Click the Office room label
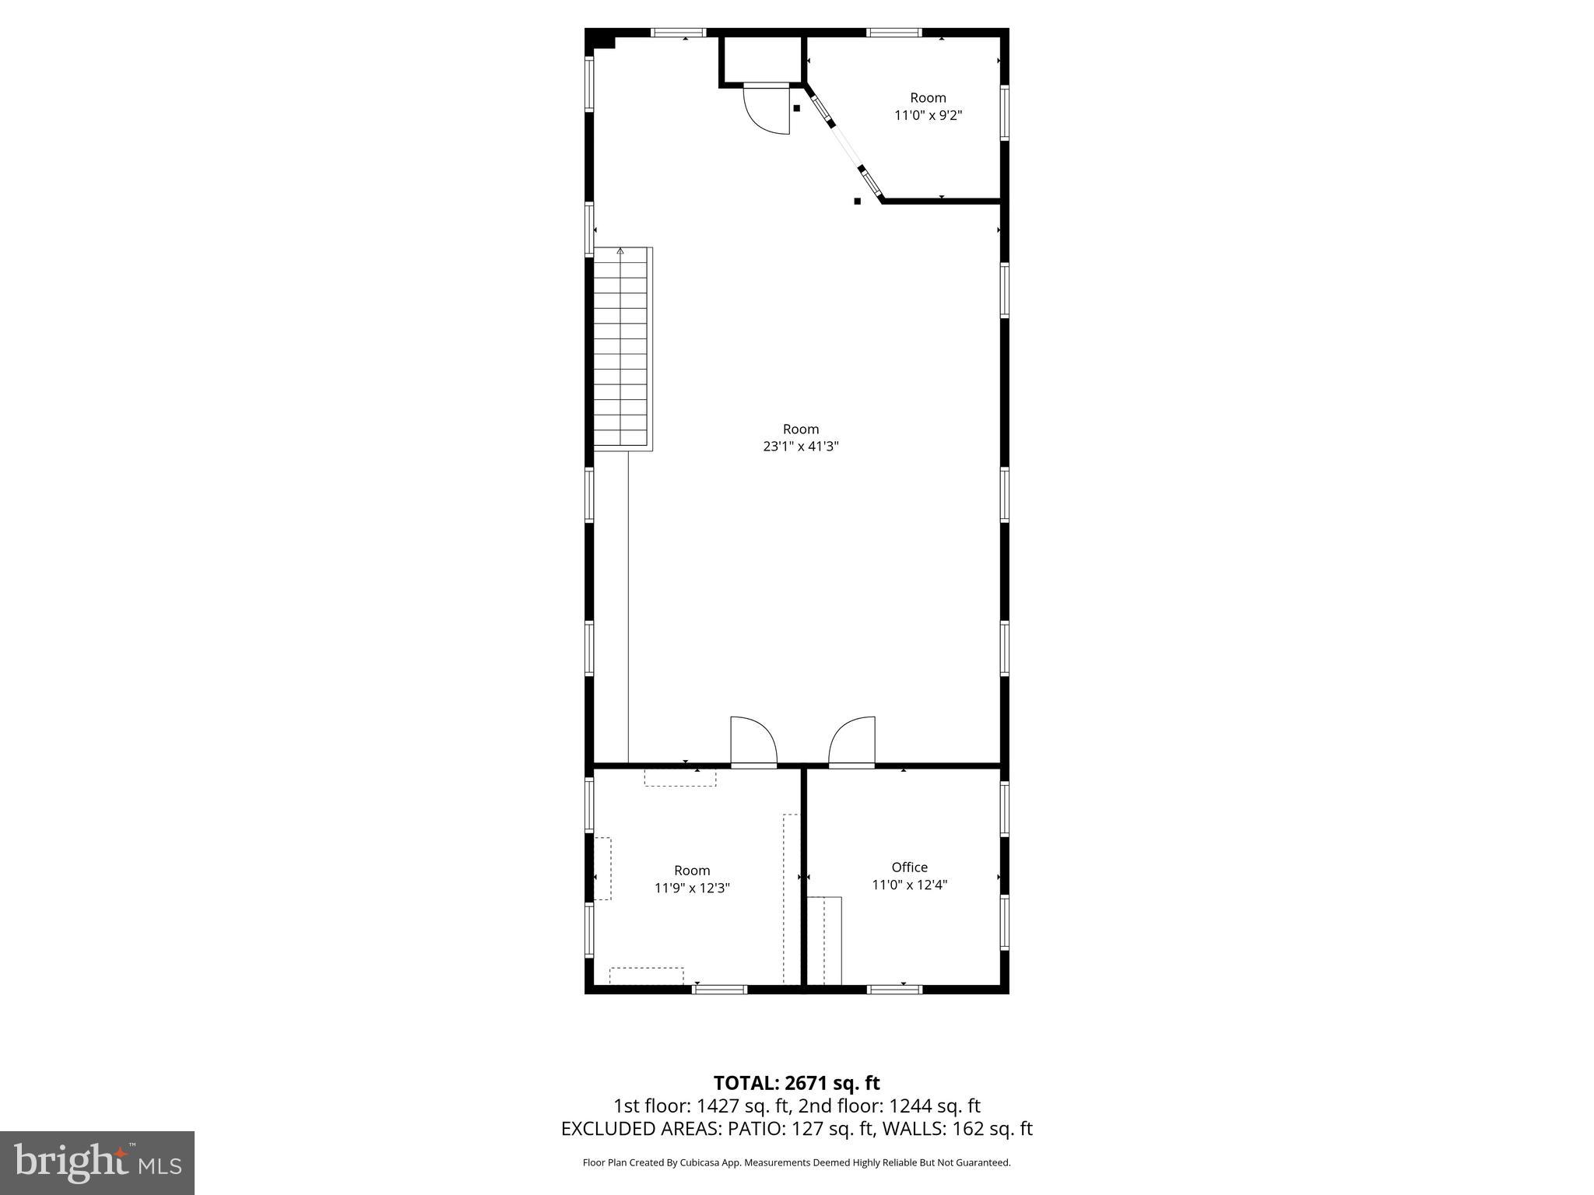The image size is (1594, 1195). pos(909,867)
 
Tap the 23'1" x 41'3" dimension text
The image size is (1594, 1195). pos(800,447)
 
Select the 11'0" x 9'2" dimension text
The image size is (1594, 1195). pos(929,116)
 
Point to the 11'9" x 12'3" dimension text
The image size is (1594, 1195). pos(692,888)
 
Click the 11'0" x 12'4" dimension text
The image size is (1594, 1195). pos(909,885)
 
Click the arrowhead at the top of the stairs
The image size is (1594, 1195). pos(620,251)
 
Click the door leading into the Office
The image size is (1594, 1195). pos(853,743)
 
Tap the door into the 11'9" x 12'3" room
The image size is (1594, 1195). pos(753,743)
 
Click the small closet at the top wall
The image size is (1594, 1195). pos(761,59)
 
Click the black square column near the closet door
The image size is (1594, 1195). pos(796,108)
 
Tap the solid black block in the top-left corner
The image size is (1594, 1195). pos(599,41)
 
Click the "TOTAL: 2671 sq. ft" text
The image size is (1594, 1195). pos(796,1082)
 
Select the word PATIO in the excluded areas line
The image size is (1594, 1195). pos(758,1129)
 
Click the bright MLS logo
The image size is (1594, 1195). pos(97,1163)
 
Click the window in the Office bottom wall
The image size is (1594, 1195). pos(894,990)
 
